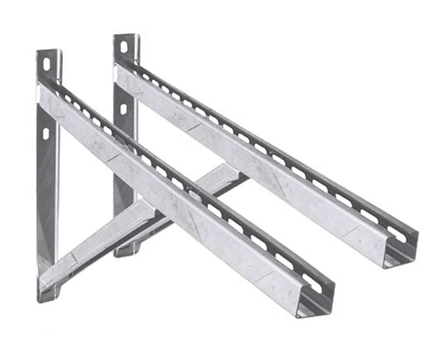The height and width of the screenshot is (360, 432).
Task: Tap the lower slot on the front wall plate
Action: tap(44, 132)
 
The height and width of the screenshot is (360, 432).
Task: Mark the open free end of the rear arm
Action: tap(400, 252)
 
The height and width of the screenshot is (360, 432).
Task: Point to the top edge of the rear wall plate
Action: tap(123, 35)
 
